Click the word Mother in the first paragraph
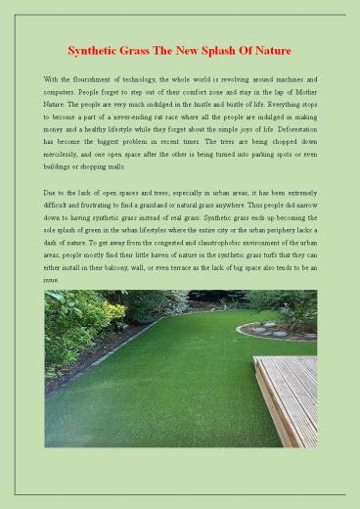301,90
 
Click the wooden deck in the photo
291,392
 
